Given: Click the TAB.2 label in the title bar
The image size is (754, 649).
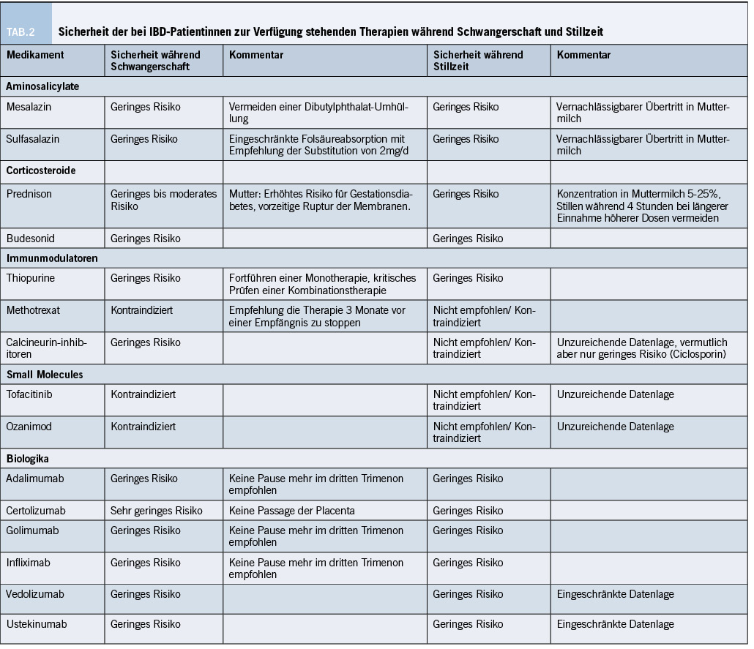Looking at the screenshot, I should coord(21,32).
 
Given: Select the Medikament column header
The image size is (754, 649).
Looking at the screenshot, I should coord(35,55).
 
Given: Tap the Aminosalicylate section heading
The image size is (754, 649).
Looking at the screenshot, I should coord(42,86).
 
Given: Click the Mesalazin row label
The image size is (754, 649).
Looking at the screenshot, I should coord(29,107).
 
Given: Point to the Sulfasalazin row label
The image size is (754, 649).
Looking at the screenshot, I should coord(34,139).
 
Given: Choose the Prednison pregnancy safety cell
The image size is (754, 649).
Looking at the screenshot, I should coord(163,200).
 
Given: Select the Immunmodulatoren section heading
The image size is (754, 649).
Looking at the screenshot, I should coord(52,258).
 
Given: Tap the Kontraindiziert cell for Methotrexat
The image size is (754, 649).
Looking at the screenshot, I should coord(142,310).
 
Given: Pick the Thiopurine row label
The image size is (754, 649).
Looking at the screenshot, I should coord(31,278).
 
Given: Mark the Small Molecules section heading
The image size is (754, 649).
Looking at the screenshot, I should coord(45,375).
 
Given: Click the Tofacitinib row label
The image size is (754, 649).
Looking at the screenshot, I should coord(29,394).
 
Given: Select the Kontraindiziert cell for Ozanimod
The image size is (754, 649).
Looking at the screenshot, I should coord(142,426).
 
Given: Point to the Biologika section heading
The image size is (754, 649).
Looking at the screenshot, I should coord(28,459).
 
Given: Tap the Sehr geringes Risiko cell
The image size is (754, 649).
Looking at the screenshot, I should coord(157,511).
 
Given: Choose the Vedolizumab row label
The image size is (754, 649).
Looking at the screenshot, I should coord(33,594).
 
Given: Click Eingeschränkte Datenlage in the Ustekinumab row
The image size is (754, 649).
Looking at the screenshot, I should coord(615,625).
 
